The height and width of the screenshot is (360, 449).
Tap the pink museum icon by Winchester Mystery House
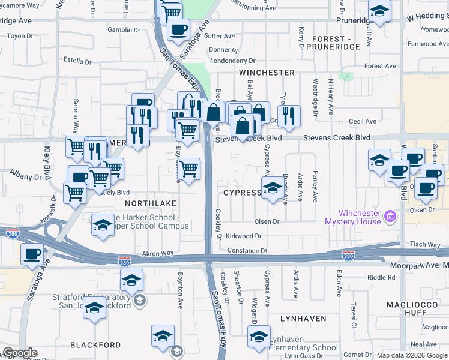pos(390,215)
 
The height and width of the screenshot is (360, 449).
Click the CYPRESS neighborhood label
pos(242,193)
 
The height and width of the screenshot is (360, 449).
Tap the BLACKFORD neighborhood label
pos(95,345)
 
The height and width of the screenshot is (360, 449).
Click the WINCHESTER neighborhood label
pos(267,73)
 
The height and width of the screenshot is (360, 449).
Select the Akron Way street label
pos(157,254)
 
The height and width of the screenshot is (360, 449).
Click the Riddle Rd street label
pos(381,277)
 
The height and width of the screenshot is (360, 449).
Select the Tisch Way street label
pos(426,245)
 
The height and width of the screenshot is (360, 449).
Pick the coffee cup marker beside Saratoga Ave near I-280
pos(32,254)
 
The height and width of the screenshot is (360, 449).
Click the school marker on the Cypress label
pos(273,189)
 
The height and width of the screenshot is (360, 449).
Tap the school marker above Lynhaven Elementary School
pos(259,337)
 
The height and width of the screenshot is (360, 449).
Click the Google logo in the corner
pos(19,353)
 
